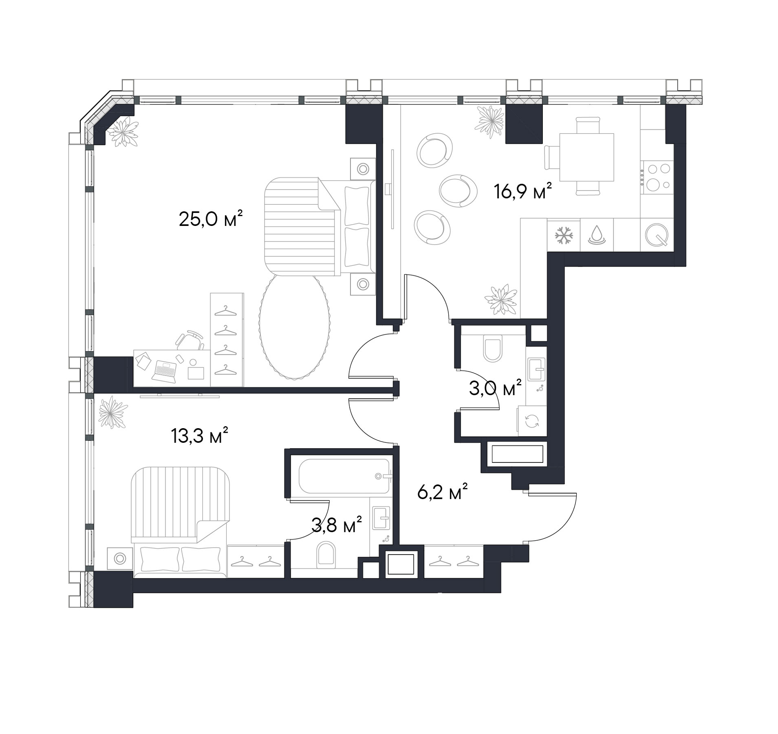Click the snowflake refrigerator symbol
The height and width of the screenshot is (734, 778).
(x=564, y=235)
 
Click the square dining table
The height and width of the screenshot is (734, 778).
(x=586, y=157)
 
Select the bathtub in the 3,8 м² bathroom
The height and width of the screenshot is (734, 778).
(x=344, y=476)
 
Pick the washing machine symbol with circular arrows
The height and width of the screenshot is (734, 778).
(x=532, y=421)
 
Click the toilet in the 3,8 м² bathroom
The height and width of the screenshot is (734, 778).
(x=326, y=555)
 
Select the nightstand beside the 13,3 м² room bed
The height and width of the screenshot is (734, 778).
(x=120, y=559)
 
